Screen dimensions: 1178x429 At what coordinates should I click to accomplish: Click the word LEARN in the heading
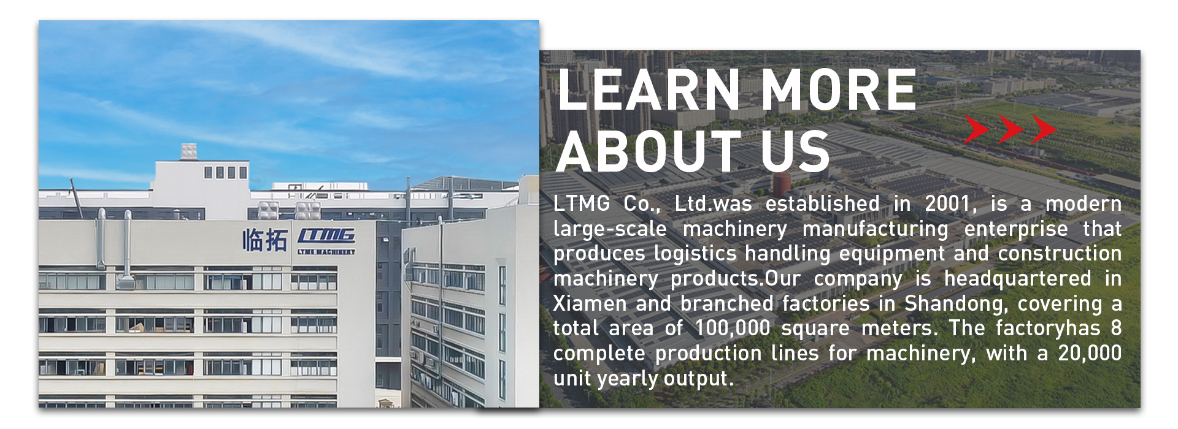click(649, 90)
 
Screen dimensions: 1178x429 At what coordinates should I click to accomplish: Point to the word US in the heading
click(796, 151)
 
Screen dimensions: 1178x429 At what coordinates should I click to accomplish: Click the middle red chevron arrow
click(1010, 129)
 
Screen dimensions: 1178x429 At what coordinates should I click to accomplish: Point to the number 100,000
click(732, 328)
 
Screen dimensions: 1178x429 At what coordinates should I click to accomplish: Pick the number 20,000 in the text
click(1090, 353)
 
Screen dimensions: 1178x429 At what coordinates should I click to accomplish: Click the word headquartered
click(1017, 279)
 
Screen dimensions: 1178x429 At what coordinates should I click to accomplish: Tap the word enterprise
click(1015, 229)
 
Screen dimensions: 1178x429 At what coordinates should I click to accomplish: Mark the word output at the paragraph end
click(696, 379)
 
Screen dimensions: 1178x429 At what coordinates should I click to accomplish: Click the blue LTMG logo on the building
click(327, 235)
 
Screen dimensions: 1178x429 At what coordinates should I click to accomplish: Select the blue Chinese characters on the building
click(264, 240)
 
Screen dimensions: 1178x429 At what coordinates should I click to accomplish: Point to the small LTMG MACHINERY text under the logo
click(326, 251)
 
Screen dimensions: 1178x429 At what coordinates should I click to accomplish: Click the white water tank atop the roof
click(189, 151)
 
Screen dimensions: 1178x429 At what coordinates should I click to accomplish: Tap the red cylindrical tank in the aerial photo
click(782, 184)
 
